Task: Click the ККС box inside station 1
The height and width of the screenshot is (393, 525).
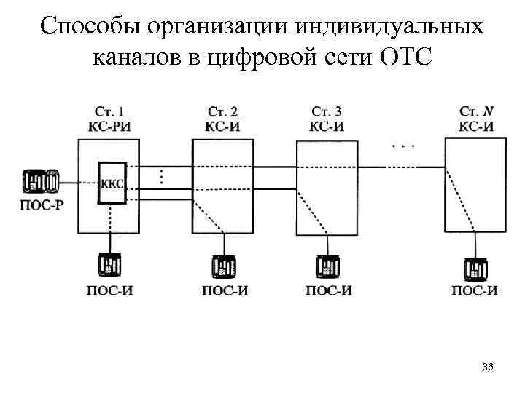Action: (111, 183)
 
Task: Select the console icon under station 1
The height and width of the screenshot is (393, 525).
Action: (111, 264)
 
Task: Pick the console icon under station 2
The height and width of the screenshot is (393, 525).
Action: (224, 266)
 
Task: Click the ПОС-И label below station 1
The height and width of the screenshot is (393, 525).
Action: (110, 290)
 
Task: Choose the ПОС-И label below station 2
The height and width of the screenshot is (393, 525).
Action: (224, 291)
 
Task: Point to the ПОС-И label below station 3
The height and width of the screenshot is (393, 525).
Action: (327, 291)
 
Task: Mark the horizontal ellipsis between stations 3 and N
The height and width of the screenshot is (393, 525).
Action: (403, 146)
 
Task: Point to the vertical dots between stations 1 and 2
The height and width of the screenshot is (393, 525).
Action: (160, 177)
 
